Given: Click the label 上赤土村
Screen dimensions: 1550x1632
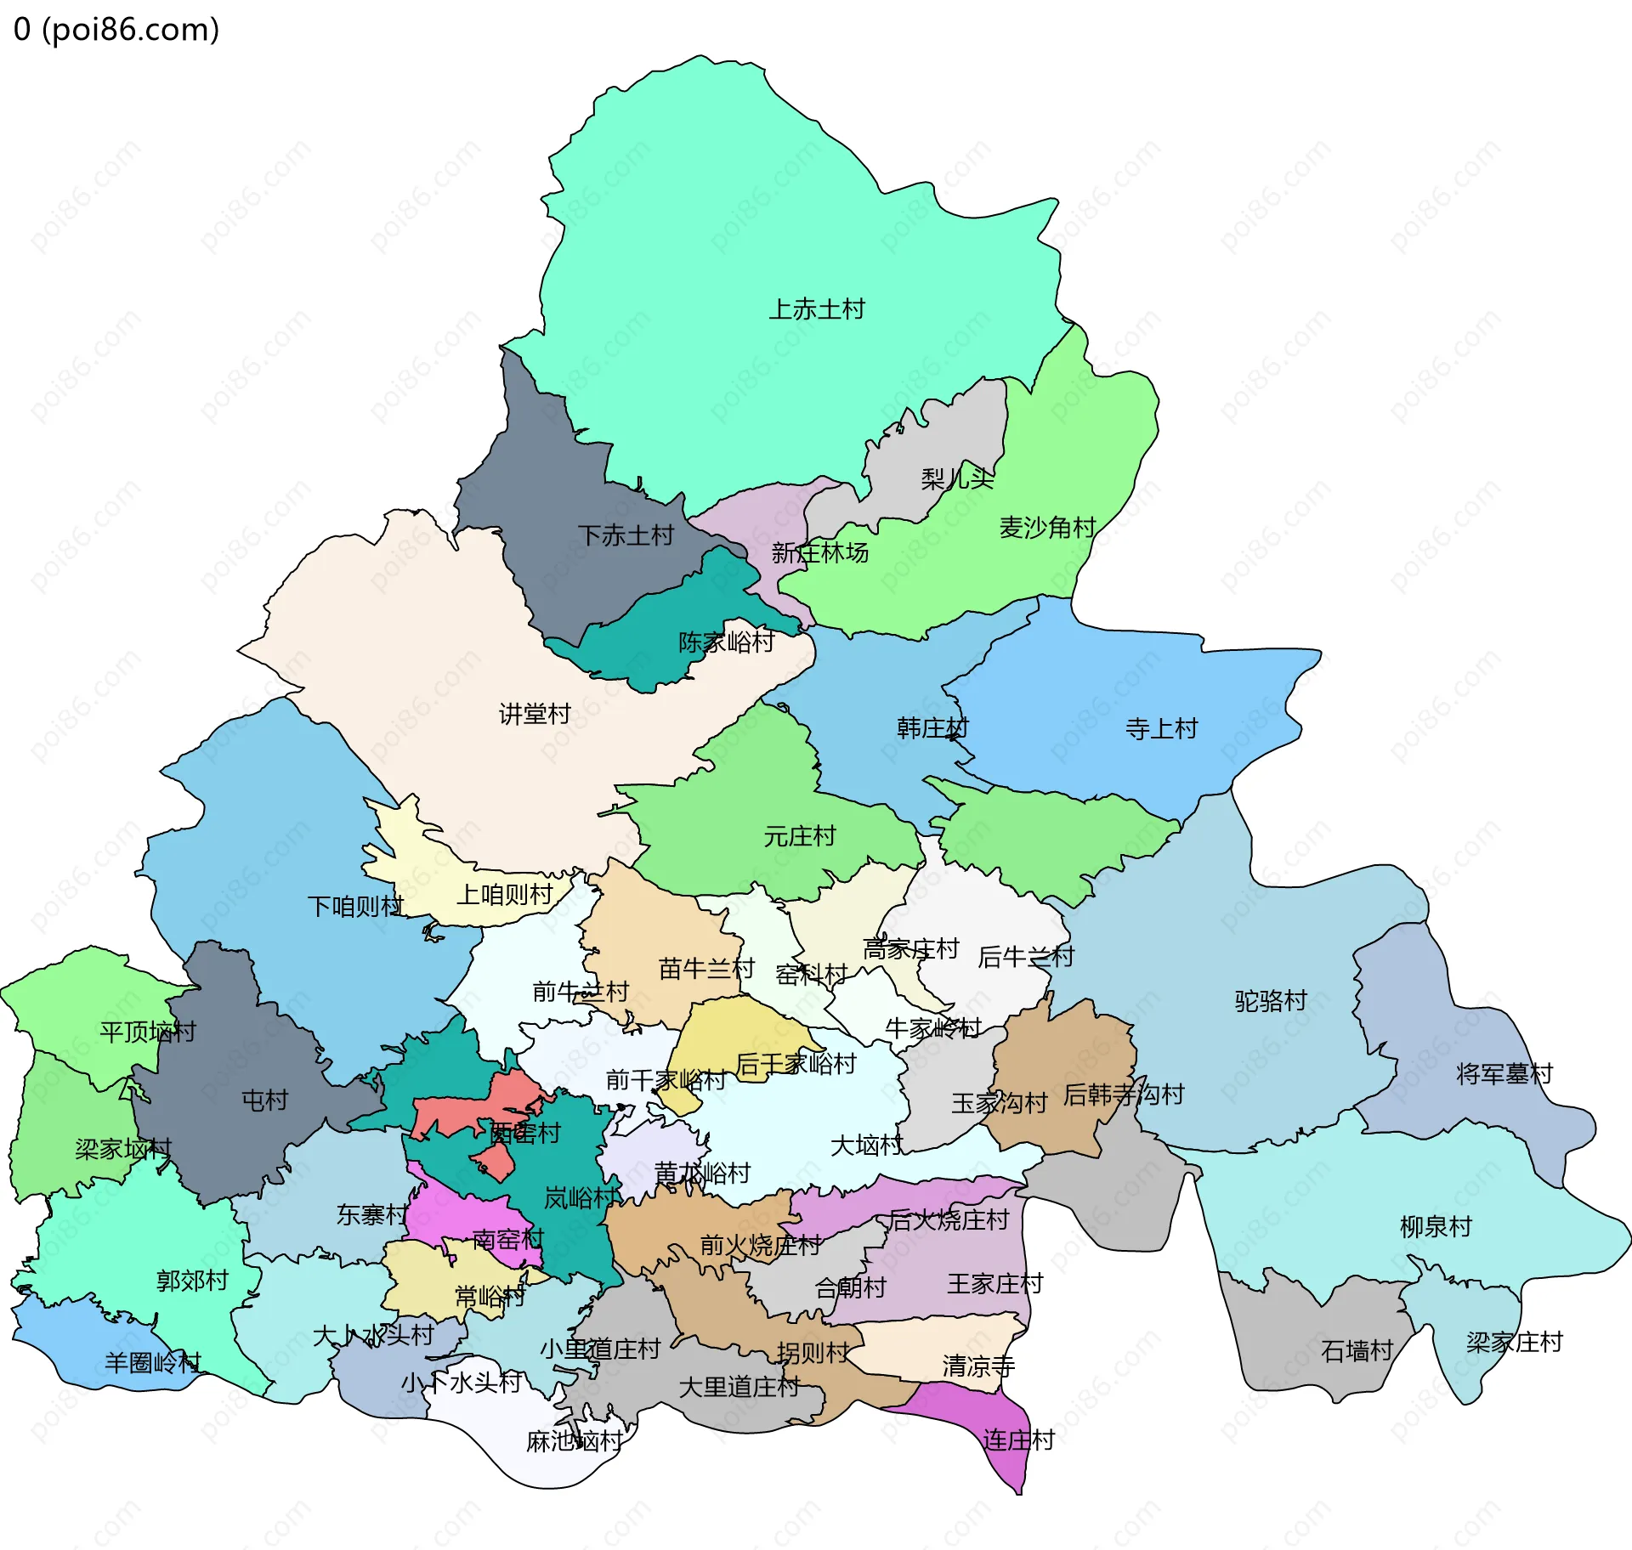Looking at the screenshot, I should (x=816, y=309).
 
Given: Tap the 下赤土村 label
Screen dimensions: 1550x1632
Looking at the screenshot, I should (x=626, y=535).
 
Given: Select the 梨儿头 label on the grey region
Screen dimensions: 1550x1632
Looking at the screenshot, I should (x=957, y=478).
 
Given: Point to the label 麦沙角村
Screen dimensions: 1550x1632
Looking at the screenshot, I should (x=1047, y=528).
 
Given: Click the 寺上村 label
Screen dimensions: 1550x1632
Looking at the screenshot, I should (x=1161, y=728).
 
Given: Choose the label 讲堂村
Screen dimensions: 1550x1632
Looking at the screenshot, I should (x=535, y=714).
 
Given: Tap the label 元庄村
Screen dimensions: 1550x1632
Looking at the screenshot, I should (x=799, y=836).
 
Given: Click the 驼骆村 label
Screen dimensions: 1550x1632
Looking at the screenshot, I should (x=1270, y=1000).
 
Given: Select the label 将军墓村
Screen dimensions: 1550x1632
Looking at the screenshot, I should (x=1504, y=1074).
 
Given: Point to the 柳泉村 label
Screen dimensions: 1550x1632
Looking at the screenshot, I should (x=1436, y=1226).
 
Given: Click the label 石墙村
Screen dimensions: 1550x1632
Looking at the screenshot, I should (x=1357, y=1350).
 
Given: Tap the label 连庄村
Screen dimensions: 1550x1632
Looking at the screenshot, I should (x=1018, y=1440).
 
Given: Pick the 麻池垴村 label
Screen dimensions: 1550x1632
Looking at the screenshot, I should (x=575, y=1441).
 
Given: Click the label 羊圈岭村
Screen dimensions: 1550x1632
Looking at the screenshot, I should (x=153, y=1363).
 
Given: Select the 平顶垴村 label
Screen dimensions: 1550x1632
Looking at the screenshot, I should (x=148, y=1032).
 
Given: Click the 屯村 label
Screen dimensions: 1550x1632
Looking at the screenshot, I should (x=265, y=1100).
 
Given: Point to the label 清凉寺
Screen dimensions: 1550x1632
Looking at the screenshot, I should (x=978, y=1366).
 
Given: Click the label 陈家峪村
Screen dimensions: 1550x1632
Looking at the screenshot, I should (x=726, y=642).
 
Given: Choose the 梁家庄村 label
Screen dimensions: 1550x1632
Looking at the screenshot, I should (x=1514, y=1342).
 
